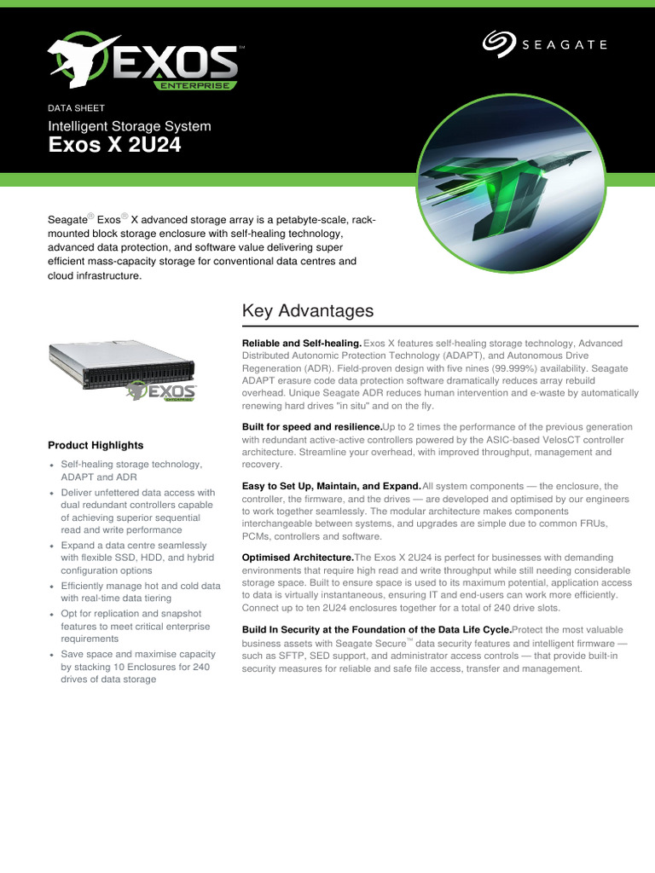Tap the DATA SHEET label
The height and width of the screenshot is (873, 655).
click(77, 108)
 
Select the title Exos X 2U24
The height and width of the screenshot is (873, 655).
click(114, 147)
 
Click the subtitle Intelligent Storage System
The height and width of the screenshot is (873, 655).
click(129, 126)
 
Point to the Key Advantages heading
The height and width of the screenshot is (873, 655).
click(308, 310)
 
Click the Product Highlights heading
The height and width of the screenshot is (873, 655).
click(96, 445)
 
